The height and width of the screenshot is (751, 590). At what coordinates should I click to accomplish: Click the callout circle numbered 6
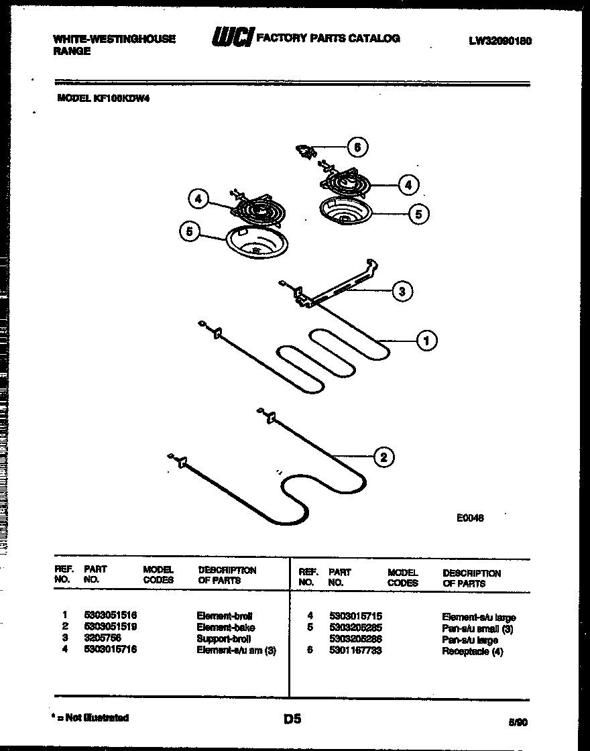[357, 147]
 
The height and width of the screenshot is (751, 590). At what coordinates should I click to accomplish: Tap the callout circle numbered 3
[402, 291]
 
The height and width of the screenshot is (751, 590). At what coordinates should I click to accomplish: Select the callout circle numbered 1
[426, 341]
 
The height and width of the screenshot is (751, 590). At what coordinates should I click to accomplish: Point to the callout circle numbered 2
[383, 458]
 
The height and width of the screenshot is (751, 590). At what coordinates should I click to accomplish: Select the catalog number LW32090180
[500, 40]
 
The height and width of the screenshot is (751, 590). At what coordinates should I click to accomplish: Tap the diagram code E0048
[470, 518]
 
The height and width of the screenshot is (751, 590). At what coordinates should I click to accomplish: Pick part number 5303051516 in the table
[111, 615]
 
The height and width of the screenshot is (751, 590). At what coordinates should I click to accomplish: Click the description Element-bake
[226, 627]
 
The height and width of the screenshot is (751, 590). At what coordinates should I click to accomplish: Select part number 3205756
[103, 638]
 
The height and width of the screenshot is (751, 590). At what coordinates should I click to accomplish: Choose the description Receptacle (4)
[472, 651]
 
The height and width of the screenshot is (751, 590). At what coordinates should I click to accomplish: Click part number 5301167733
[355, 650]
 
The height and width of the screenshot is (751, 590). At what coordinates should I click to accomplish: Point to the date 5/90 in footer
[518, 722]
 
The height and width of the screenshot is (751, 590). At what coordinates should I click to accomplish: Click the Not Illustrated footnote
[91, 717]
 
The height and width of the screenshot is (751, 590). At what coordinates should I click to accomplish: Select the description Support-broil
[224, 638]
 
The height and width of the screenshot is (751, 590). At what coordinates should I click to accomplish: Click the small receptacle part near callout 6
[307, 154]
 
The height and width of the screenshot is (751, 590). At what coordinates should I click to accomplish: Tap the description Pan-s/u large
[470, 640]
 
